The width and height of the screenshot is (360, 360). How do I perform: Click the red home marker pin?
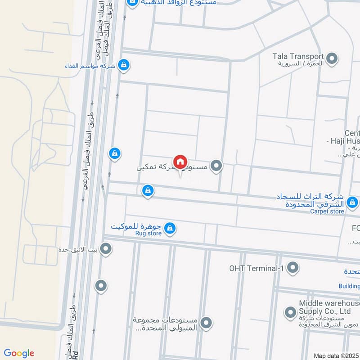(x=180, y=162)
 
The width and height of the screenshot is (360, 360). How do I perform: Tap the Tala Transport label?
(x=298, y=57)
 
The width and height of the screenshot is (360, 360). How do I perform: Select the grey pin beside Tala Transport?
(x=332, y=58)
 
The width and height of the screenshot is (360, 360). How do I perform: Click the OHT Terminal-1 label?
(x=258, y=268)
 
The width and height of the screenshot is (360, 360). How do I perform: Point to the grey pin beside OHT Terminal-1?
(x=293, y=268)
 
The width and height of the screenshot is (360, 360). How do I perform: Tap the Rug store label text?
(x=148, y=233)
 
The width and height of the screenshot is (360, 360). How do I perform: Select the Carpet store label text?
(x=327, y=211)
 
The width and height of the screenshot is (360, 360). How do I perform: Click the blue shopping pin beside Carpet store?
(x=352, y=201)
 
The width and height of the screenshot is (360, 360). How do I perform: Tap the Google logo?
(x=19, y=353)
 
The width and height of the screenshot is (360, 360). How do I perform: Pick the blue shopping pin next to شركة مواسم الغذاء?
(x=124, y=65)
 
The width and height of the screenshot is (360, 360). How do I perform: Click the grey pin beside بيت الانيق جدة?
(x=106, y=248)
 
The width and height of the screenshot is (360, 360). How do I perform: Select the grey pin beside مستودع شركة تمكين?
(x=217, y=166)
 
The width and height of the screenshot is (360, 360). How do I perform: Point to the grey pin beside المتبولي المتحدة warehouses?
(x=206, y=323)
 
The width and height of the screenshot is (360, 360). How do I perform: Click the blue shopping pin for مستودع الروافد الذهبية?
(x=132, y=3)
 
